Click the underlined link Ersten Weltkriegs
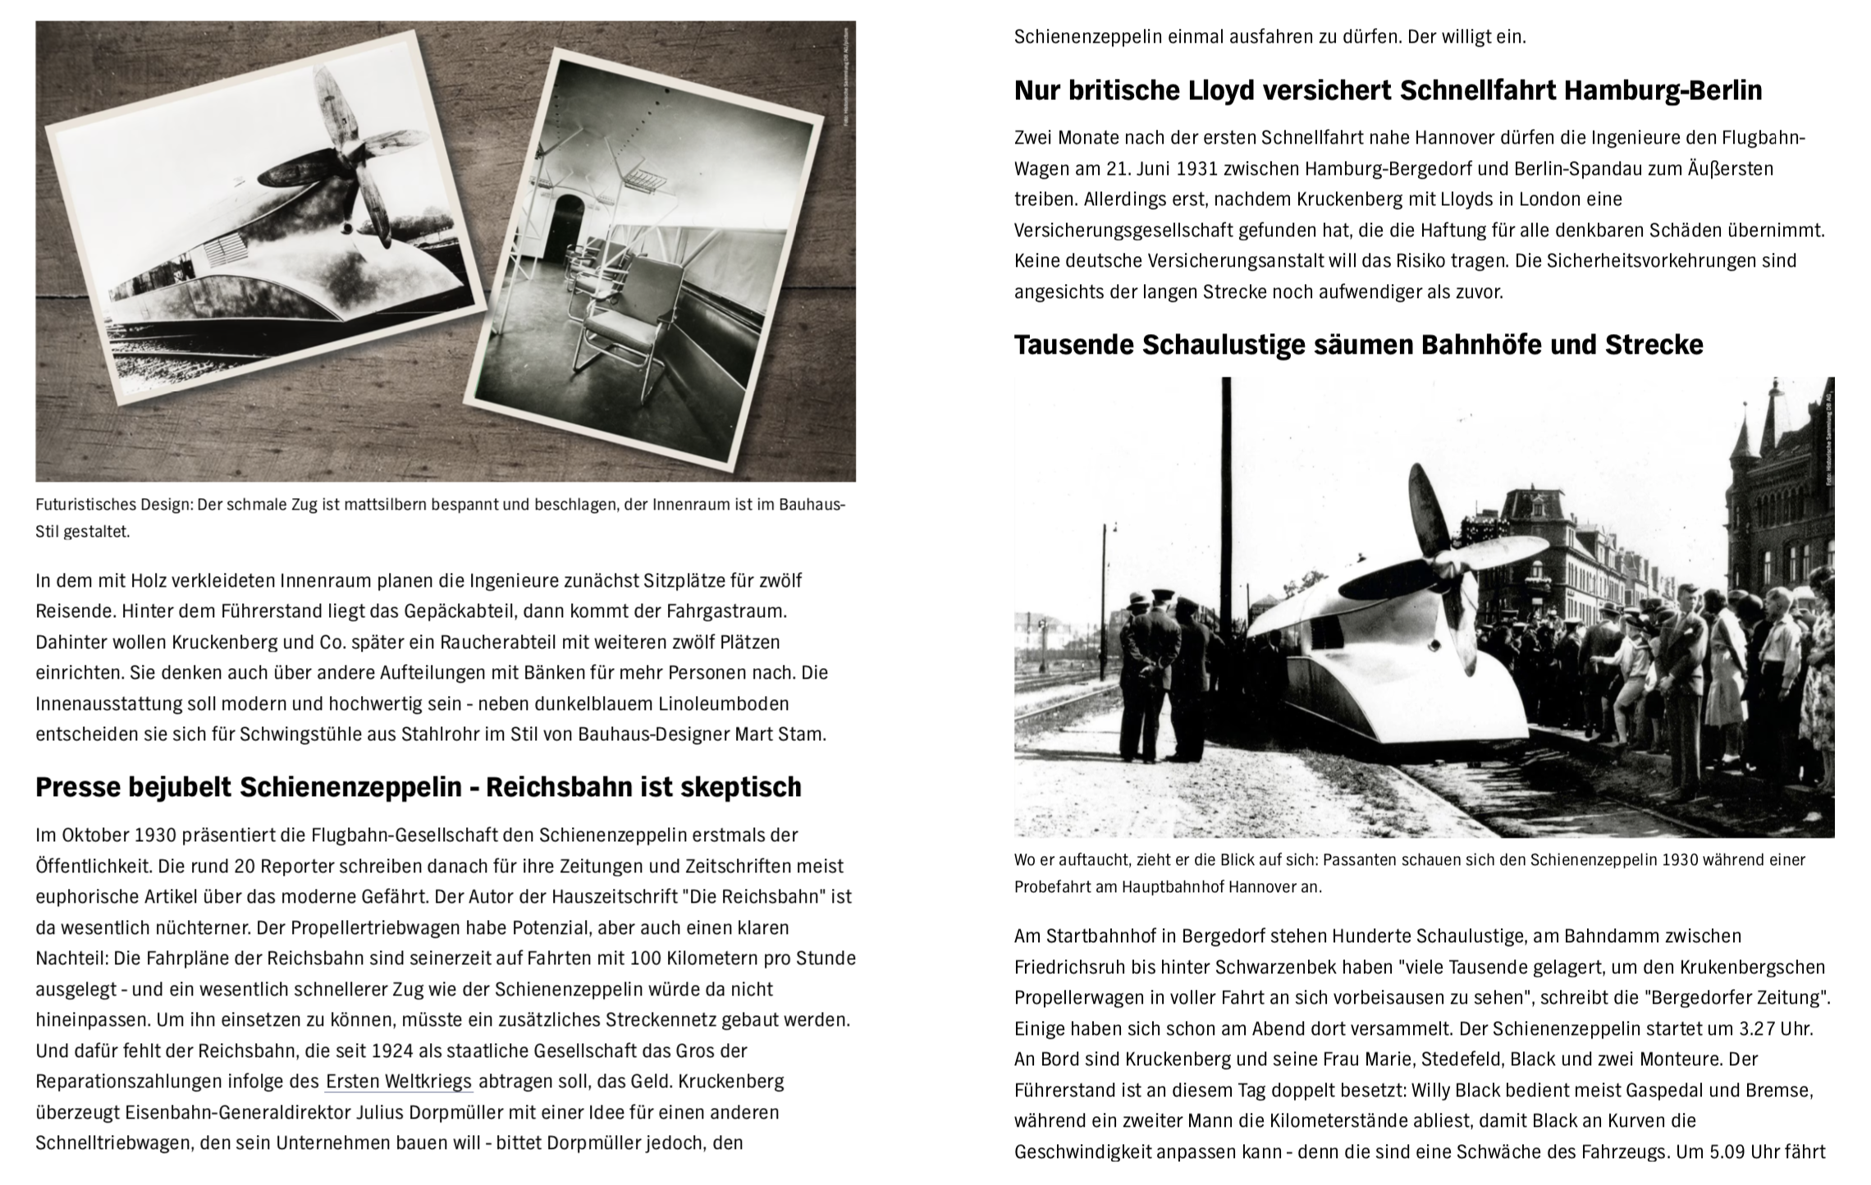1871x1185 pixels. [399, 1081]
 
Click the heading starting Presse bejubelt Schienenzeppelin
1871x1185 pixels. [418, 787]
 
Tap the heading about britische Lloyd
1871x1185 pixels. [1388, 90]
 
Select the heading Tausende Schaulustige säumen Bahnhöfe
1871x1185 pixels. [1358, 345]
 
